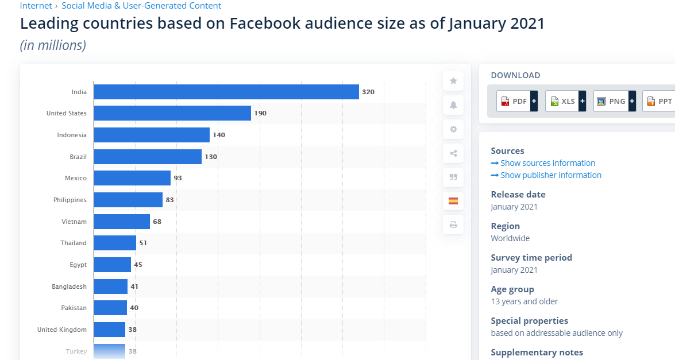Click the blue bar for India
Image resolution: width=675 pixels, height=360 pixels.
(226, 92)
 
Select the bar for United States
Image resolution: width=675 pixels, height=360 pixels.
(172, 113)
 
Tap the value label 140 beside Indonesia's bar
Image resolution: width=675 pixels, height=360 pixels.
(219, 135)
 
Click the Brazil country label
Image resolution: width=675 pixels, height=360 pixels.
(78, 157)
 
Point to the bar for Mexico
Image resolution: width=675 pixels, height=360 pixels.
(132, 178)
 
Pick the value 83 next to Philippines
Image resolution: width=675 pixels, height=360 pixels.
(169, 200)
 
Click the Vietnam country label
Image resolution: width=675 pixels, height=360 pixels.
(74, 222)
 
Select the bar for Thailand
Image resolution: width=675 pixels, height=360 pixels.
(115, 243)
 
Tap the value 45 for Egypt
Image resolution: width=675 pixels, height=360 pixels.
(138, 265)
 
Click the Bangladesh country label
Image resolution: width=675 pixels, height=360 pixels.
(69, 287)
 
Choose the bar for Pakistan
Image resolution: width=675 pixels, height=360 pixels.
(110, 308)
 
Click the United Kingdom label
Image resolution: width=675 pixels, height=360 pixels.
(62, 330)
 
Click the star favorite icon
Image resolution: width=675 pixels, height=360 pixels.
(453, 81)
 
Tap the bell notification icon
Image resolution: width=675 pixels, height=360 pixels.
(453, 105)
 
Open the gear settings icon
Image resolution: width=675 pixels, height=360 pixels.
(453, 129)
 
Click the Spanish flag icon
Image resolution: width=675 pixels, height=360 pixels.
(453, 201)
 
